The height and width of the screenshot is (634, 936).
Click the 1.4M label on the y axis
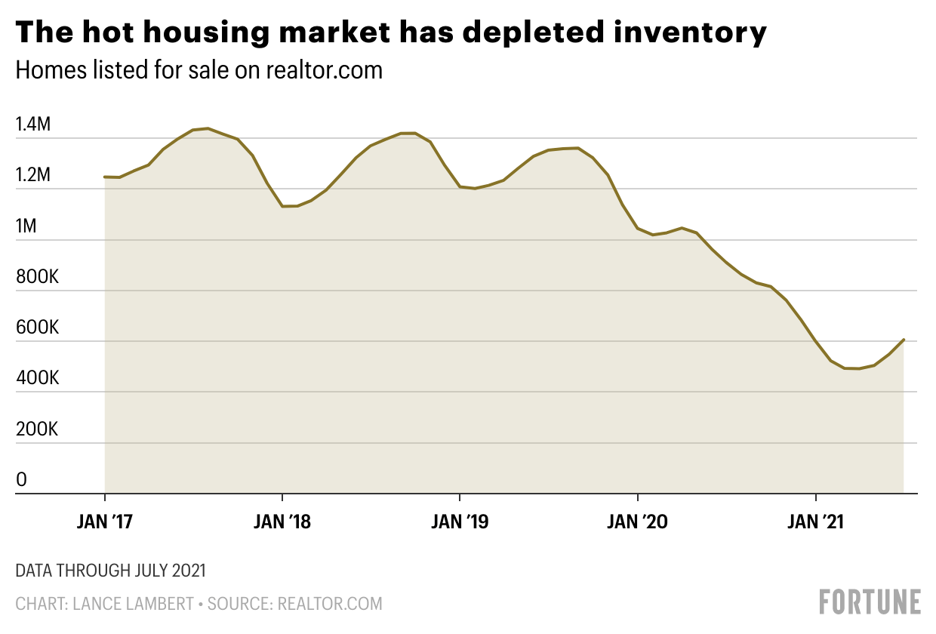tap(33, 124)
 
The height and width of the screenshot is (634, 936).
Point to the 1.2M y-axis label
tap(33, 174)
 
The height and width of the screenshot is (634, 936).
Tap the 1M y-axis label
tap(26, 226)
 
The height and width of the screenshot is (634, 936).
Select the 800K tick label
tap(37, 277)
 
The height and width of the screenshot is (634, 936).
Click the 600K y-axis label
tap(37, 328)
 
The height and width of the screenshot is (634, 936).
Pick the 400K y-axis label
tap(37, 378)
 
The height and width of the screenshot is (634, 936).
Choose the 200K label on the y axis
tap(37, 429)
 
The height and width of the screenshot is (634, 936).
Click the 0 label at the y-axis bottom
tap(21, 480)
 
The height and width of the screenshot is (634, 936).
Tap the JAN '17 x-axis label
tap(104, 522)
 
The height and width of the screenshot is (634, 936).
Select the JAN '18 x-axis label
tap(282, 522)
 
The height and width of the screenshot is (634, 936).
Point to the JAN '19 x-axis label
tap(460, 522)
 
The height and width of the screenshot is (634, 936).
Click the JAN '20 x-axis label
tap(637, 522)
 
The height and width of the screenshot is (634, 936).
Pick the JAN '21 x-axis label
tap(816, 522)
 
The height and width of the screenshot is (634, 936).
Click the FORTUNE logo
tap(870, 602)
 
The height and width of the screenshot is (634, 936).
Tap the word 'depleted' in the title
tap(533, 33)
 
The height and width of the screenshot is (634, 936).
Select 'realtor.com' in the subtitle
tap(325, 69)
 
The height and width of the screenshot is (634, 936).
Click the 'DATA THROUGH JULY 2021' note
tap(111, 571)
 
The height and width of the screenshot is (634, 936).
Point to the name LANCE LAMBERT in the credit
tap(134, 604)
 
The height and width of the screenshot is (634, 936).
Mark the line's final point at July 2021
tap(904, 340)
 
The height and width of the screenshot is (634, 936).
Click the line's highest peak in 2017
tap(208, 128)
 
